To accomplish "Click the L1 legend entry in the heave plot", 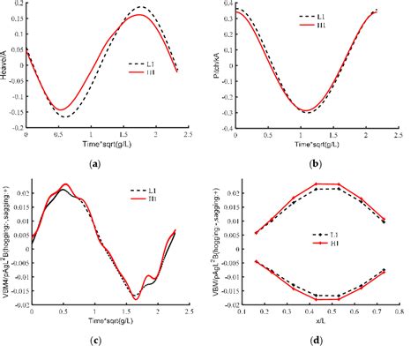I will click(140, 64).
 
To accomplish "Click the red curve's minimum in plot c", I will click(135, 298).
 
